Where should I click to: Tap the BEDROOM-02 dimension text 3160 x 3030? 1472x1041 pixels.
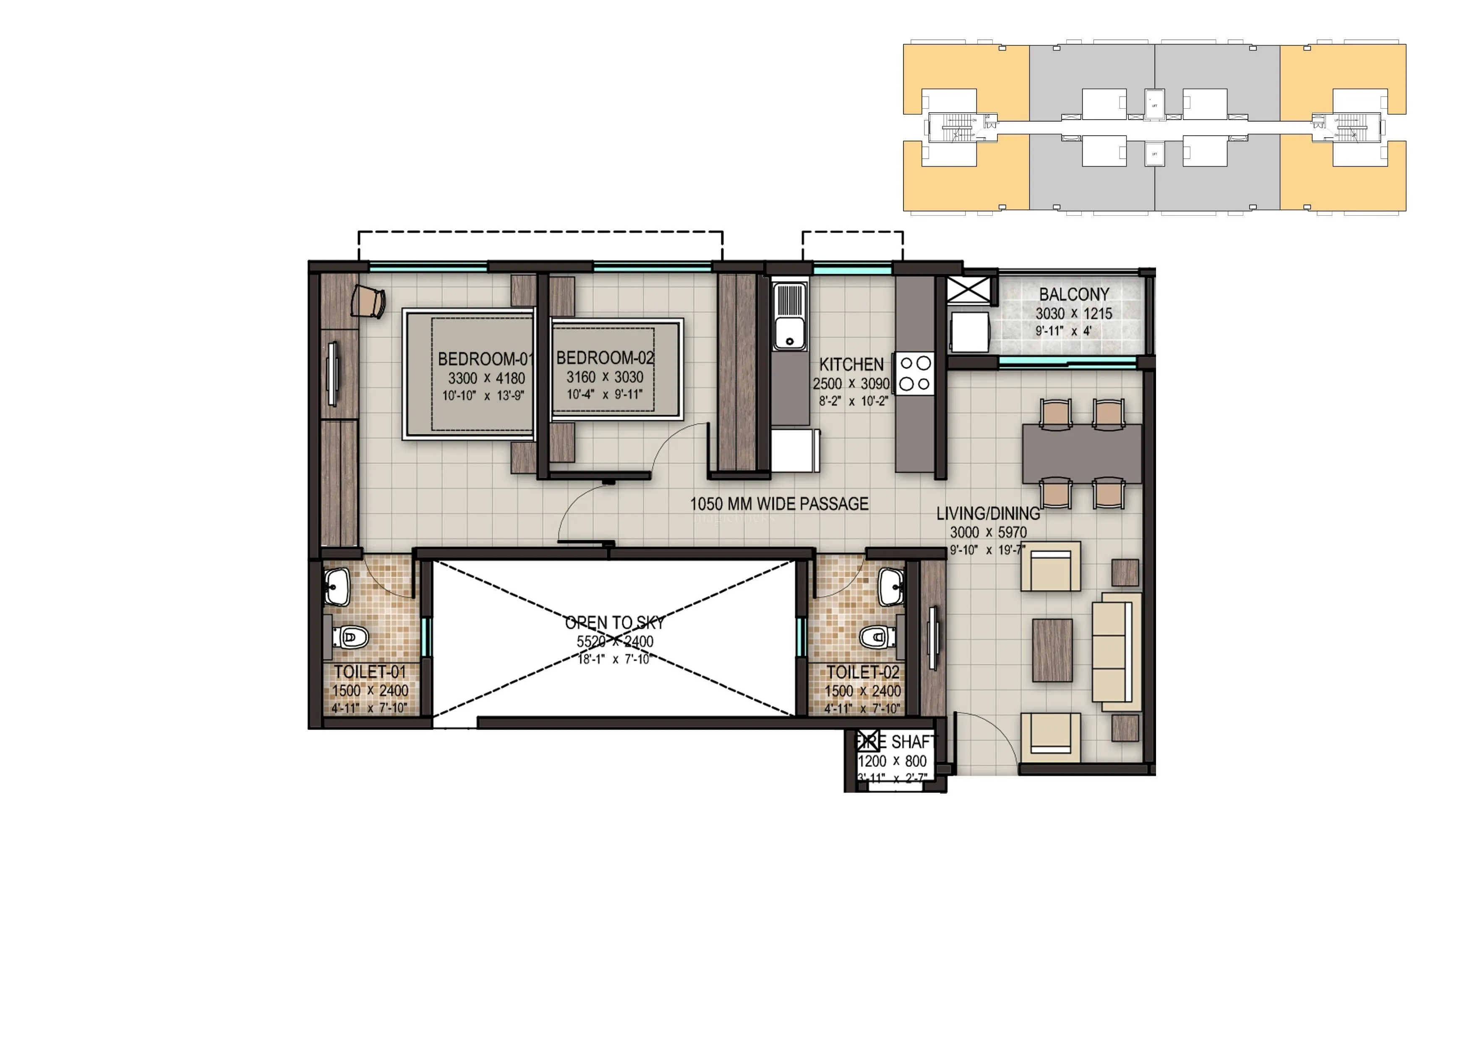tap(605, 377)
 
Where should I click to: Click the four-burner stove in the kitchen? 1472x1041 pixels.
tap(915, 373)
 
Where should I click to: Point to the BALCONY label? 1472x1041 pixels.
tap(1074, 294)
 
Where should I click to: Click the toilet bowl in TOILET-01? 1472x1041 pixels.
tap(350, 637)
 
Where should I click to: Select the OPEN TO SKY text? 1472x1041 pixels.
tap(614, 622)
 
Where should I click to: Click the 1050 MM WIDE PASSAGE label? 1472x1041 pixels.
tap(779, 504)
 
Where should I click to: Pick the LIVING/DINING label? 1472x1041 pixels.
tap(988, 514)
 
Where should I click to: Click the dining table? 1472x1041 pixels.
tap(1082, 453)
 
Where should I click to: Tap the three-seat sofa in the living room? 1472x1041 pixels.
tap(1116, 651)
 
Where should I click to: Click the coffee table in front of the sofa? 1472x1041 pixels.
tap(1052, 650)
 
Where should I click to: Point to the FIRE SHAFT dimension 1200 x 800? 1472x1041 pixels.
tap(892, 761)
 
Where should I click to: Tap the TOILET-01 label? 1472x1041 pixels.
tap(370, 672)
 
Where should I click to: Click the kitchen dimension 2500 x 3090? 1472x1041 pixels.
tap(851, 384)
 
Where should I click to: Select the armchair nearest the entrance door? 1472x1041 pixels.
tap(1050, 737)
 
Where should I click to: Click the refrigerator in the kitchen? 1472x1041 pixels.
tap(794, 451)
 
